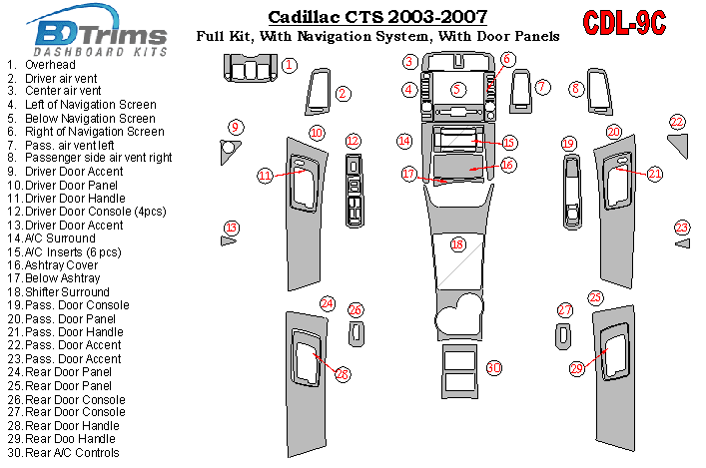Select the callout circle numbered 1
point(289,66)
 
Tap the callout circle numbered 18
point(458,244)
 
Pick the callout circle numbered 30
point(493,368)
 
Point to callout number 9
point(236,127)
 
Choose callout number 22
point(677,122)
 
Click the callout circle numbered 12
point(353,141)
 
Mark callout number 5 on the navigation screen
point(458,90)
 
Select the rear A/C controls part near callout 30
point(458,369)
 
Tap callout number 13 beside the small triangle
point(232,228)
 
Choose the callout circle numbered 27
point(565,310)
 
